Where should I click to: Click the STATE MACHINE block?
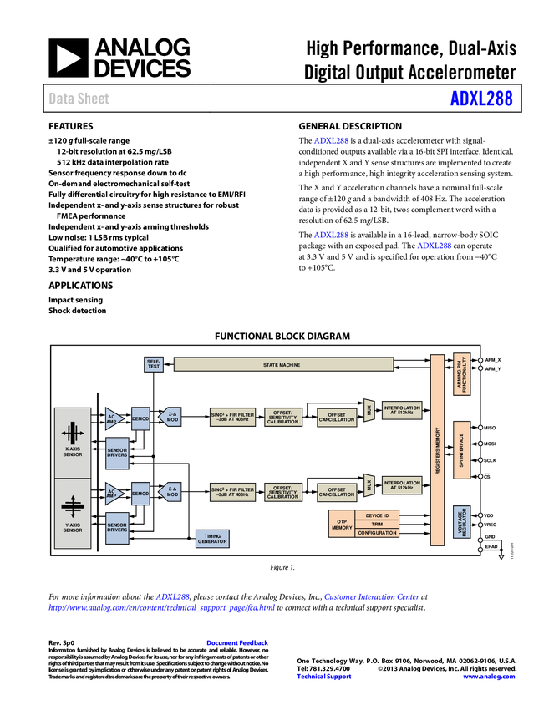point(282,365)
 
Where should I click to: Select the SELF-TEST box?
point(154,364)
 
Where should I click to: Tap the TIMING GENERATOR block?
point(212,539)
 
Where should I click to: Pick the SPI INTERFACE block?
point(461,450)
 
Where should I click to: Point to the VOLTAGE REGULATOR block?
point(461,522)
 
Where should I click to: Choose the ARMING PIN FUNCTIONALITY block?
point(461,373)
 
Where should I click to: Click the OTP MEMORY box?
point(342,524)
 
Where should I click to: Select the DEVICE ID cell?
point(377,515)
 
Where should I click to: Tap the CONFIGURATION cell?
point(377,533)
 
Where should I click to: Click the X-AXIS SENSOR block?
point(73,442)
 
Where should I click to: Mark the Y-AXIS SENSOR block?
point(73,514)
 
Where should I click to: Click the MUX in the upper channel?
point(369,411)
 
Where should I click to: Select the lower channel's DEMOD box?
point(140,494)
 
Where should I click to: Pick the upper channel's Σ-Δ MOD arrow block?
point(170,417)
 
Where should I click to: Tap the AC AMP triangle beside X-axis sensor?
point(113,418)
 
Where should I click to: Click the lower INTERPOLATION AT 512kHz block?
point(402,485)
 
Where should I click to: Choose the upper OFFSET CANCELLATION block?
point(337,417)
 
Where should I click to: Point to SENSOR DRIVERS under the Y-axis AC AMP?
point(117,526)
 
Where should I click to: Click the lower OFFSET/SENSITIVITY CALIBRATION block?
point(283,494)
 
